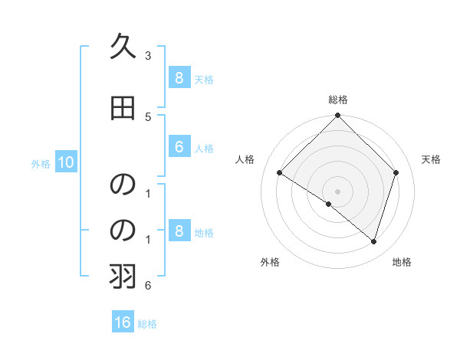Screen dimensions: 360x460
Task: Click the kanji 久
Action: pos(123,47)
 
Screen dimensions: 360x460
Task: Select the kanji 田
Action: pos(123,109)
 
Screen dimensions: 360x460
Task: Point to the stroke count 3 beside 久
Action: pos(148,56)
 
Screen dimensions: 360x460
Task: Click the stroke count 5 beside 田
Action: pos(148,117)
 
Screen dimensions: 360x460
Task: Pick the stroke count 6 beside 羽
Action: pos(148,286)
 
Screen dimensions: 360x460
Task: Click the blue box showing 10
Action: pos(65,162)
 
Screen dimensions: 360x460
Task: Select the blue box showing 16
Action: pos(123,322)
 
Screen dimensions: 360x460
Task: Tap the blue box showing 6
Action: pos(179,147)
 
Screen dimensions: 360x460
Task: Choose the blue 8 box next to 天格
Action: pos(179,78)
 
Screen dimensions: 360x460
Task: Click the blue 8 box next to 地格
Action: pos(179,231)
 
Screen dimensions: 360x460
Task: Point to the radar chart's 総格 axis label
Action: pos(337,100)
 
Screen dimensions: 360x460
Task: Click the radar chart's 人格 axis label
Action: pos(245,159)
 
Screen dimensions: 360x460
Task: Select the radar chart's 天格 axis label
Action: pos(431,159)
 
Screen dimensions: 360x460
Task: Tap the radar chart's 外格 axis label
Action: pos(270,262)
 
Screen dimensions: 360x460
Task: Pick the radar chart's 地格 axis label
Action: pos(402,262)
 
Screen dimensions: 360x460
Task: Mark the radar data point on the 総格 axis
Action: pos(337,116)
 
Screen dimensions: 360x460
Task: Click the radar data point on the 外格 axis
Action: pos(329,204)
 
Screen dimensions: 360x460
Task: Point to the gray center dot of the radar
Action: pos(337,191)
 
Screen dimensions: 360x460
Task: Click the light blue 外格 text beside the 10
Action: pos(41,163)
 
